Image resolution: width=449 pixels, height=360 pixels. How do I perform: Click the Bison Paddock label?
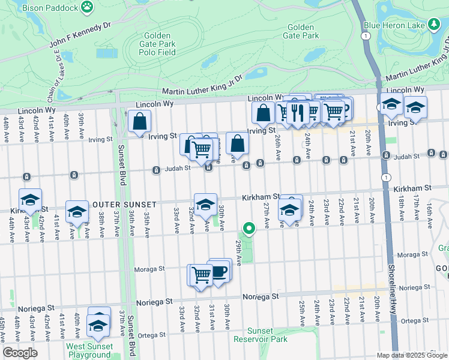[50, 8]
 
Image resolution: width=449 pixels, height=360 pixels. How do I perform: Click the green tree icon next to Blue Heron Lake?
[433, 24]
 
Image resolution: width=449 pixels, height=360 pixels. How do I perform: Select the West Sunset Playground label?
[89, 350]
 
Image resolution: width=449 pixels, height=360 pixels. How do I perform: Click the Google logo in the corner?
[20, 353]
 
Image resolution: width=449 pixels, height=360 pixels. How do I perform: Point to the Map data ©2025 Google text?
[411, 355]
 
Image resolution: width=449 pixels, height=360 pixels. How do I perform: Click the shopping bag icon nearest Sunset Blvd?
[139, 121]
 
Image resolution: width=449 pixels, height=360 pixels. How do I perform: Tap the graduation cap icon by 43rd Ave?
[30, 200]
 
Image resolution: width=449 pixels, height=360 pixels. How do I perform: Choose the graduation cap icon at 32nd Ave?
[205, 205]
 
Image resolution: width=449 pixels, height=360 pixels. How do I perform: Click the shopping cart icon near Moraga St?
[201, 275]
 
